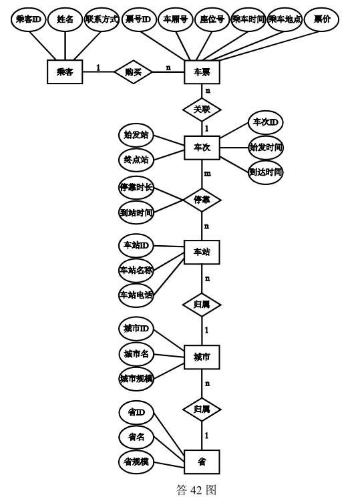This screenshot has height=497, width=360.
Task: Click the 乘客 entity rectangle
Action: (x=65, y=72)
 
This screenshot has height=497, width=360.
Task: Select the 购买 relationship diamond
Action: (x=133, y=72)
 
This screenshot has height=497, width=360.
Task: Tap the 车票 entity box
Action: (x=202, y=72)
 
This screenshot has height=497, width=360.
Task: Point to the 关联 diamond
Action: (x=202, y=110)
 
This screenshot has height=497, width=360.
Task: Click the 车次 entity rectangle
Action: (x=202, y=148)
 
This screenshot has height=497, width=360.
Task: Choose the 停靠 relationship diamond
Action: (x=202, y=200)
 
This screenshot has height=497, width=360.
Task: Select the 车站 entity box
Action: (x=202, y=252)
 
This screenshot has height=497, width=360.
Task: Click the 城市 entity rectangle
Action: (x=202, y=357)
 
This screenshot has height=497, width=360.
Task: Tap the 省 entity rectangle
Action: (x=202, y=462)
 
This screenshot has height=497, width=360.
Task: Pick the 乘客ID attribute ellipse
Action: (x=29, y=19)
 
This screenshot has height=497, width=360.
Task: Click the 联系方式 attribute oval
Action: (x=102, y=19)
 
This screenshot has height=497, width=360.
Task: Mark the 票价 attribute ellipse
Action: (x=322, y=19)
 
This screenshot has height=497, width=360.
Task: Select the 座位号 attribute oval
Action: (x=212, y=19)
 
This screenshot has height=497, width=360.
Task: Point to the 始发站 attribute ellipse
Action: (x=136, y=135)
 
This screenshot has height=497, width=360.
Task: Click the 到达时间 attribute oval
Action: (x=266, y=172)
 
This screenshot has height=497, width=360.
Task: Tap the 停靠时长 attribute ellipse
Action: (x=136, y=188)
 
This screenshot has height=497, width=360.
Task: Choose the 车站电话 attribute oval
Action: (x=136, y=295)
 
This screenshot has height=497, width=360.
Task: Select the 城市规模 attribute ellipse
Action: (x=136, y=379)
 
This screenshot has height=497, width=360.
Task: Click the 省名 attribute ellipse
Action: (x=136, y=438)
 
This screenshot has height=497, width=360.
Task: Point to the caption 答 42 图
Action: (x=196, y=490)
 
